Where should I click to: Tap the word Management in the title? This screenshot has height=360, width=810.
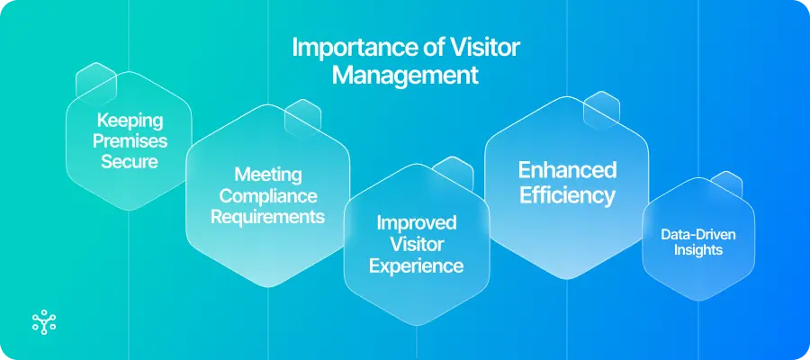coord(405,75)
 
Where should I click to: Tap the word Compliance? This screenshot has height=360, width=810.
coord(267,195)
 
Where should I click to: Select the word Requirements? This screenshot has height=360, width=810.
coord(267,217)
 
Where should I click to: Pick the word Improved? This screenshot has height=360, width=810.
coord(417,222)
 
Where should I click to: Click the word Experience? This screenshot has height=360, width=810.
coord(417,265)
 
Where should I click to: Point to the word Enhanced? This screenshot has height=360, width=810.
coord(566,170)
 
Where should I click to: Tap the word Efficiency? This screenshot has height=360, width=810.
coord(566,195)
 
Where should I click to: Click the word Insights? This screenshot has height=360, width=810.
coord(699,249)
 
